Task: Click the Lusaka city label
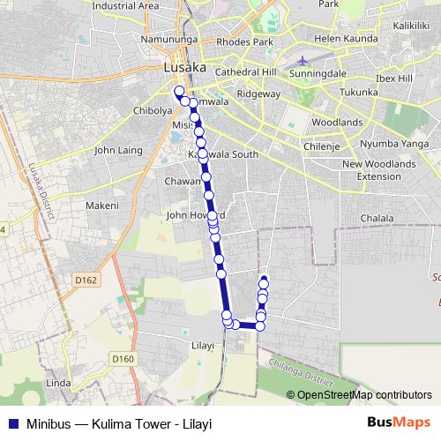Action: click(x=184, y=67)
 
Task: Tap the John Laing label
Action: click(x=117, y=150)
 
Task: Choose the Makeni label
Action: click(x=101, y=206)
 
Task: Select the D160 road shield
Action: click(x=123, y=358)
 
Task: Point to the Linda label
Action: click(x=57, y=384)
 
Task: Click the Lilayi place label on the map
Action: click(x=203, y=346)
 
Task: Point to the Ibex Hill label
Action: click(x=392, y=78)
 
